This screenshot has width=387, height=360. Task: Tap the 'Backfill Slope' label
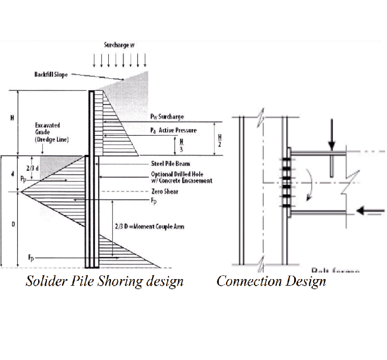click(51, 75)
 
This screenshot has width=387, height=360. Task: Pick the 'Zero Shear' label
click(165, 191)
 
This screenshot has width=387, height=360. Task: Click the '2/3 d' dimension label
click(30, 168)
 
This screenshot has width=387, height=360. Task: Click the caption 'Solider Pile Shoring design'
click(104, 281)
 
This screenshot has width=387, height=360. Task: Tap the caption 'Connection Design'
click(271, 281)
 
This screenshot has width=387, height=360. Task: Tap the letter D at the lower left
click(13, 224)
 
